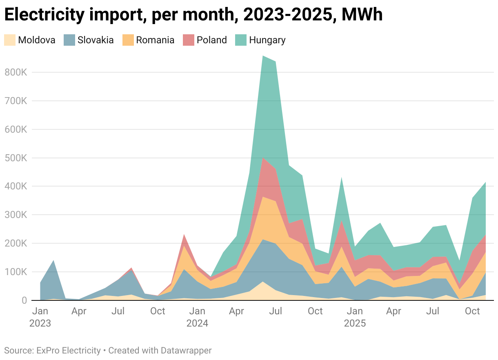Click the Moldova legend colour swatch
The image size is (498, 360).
(10, 40)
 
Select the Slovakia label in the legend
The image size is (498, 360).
(96, 40)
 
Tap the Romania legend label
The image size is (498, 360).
(155, 40)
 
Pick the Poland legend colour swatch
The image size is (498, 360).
(189, 40)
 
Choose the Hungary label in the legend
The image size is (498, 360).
(267, 40)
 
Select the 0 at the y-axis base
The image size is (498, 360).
(24, 300)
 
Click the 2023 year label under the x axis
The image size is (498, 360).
(40, 324)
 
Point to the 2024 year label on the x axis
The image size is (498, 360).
(197, 324)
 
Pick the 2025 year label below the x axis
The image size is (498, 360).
(355, 324)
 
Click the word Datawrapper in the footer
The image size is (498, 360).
(186, 350)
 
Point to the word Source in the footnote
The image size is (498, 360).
(18, 350)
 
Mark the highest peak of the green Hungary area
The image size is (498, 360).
(263, 56)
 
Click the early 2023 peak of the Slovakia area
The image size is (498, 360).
(53, 261)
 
